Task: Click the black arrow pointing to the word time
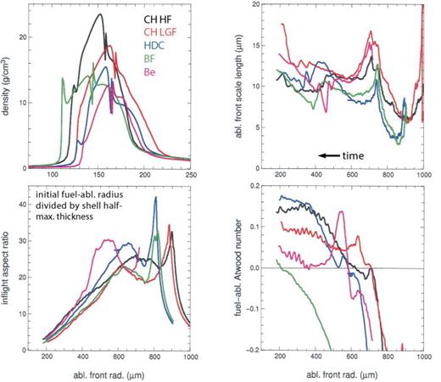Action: [332, 154]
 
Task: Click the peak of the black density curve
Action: [101, 14]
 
